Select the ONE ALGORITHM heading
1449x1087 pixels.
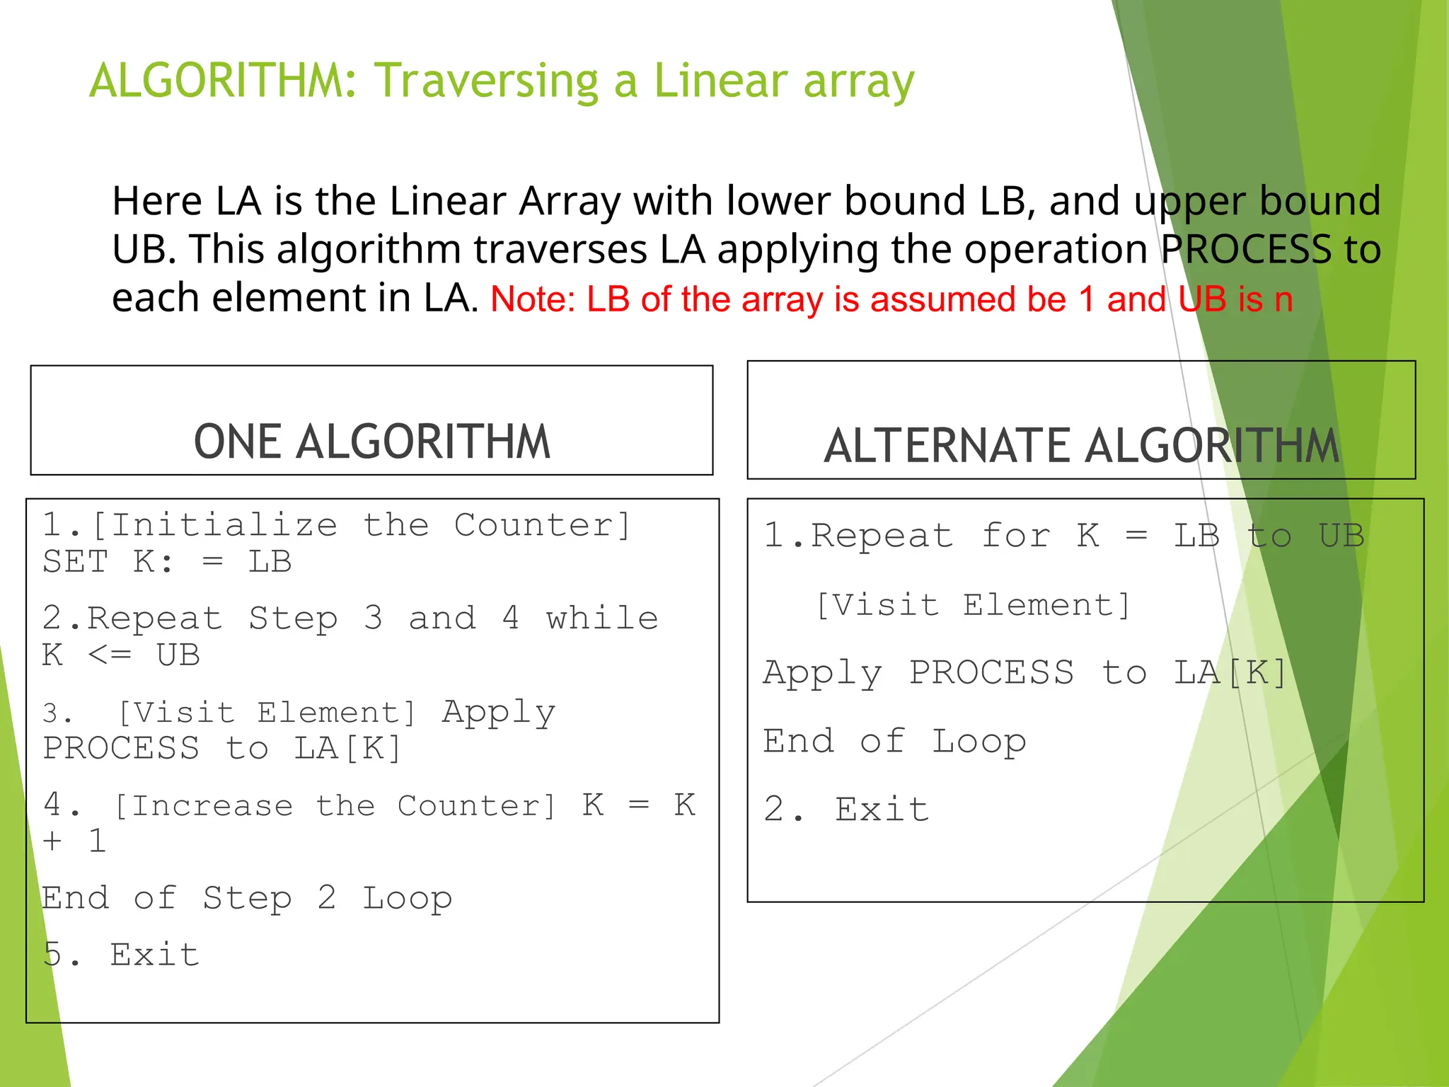(371, 442)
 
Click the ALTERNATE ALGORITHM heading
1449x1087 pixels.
(1081, 446)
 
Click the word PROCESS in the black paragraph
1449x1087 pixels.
(1246, 249)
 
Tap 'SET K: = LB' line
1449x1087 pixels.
(167, 562)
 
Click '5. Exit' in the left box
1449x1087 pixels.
(121, 955)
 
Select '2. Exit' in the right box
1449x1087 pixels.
(846, 809)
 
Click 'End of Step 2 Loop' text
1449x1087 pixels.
(246, 898)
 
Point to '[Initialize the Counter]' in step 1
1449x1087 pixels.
(361, 525)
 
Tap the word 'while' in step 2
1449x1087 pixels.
(602, 618)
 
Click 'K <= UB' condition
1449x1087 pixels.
(121, 655)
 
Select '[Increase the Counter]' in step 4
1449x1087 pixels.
(335, 806)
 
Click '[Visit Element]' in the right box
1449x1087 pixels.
(974, 606)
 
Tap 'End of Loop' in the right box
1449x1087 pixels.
(894, 742)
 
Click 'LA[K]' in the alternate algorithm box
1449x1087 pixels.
(1230, 672)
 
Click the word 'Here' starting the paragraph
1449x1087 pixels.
(157, 201)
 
